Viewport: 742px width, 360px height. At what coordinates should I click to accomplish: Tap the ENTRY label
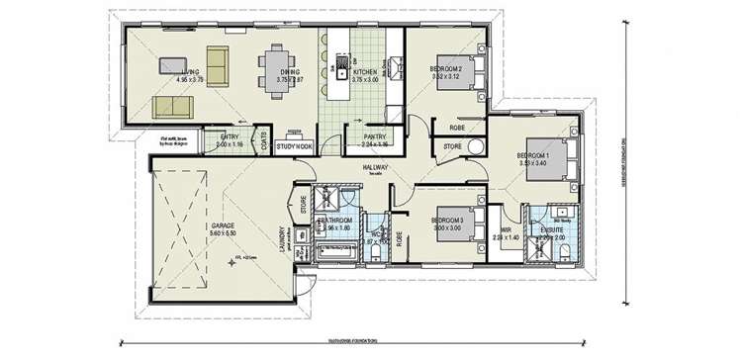(230, 137)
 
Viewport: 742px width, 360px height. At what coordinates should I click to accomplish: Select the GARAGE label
(223, 225)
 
